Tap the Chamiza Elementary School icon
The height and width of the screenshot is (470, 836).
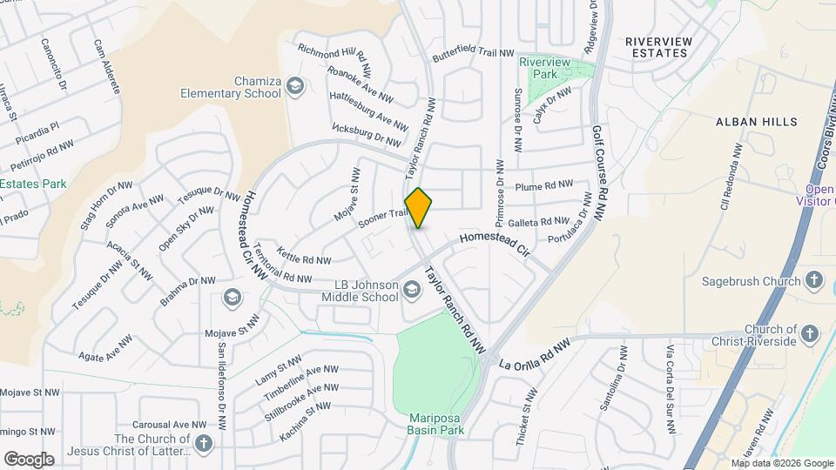tap(296, 85)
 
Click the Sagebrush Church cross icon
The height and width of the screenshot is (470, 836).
tap(813, 280)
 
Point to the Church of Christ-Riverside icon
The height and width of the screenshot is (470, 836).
tap(810, 333)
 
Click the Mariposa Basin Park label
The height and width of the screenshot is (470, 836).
tap(437, 423)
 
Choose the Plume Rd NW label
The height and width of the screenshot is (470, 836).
tap(544, 185)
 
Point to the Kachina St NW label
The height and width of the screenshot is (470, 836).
tap(306, 421)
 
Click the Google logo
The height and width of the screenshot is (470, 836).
tap(29, 459)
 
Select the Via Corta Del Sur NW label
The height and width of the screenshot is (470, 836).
tap(671, 390)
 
